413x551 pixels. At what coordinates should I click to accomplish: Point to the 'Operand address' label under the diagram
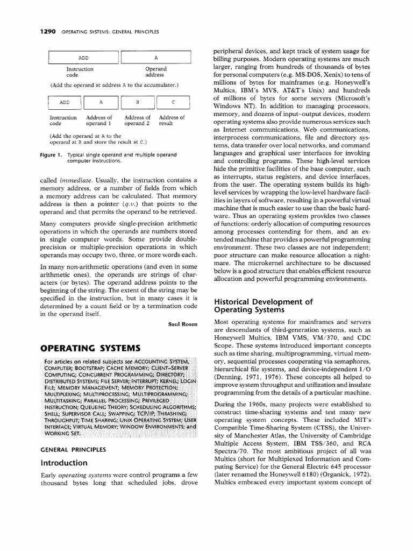[156, 72]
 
